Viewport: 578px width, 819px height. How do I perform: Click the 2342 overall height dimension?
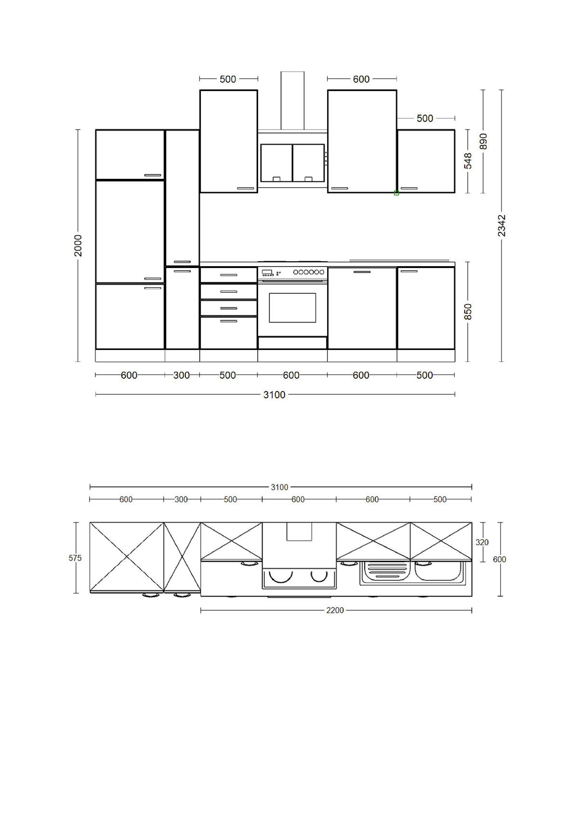pos(501,226)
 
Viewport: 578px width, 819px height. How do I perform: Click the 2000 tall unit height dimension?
pos(78,245)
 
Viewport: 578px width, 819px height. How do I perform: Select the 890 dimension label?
pos(484,141)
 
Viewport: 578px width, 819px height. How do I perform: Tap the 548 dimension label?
pos(468,161)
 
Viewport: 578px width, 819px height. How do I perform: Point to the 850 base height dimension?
pos(468,311)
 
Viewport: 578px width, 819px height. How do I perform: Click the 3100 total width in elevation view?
pos(274,395)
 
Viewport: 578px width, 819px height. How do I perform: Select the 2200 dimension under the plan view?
pos(335,610)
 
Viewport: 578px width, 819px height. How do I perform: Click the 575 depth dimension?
pos(75,558)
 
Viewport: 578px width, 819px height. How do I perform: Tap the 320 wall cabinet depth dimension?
pos(482,542)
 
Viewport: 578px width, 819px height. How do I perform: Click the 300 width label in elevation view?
pos(182,375)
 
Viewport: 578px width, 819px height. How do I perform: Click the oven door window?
pos(292,308)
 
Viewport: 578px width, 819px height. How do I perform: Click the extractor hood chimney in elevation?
pos(292,100)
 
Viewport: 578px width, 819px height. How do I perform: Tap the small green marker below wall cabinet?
pos(396,193)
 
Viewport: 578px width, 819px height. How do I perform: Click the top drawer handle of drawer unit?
pos(229,275)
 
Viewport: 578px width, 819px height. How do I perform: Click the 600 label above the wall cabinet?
pos(361,79)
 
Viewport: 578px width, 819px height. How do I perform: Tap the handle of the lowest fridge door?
pos(153,288)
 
